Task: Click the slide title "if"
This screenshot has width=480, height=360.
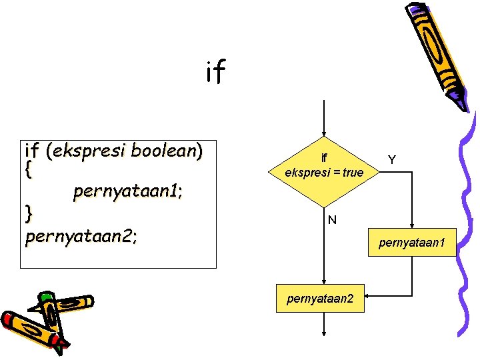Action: click(215, 73)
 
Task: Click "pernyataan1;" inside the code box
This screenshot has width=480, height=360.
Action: click(129, 192)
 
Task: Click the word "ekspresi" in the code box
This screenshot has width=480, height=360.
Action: click(91, 150)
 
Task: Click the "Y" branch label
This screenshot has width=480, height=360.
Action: click(392, 160)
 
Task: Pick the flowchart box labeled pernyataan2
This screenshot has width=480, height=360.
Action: click(324, 299)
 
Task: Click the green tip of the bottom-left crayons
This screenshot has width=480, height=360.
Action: click(45, 297)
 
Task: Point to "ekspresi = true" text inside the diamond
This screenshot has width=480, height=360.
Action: click(324, 173)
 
